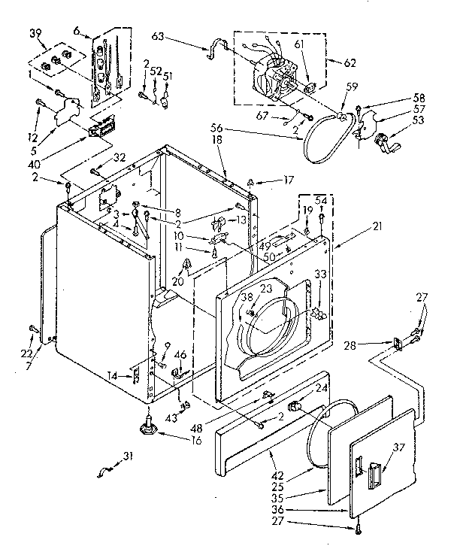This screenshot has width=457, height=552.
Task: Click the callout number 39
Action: (x=36, y=35)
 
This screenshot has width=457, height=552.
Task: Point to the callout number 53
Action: (x=419, y=120)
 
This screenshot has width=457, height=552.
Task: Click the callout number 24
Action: (x=322, y=390)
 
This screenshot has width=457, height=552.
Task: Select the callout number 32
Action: (x=120, y=157)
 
